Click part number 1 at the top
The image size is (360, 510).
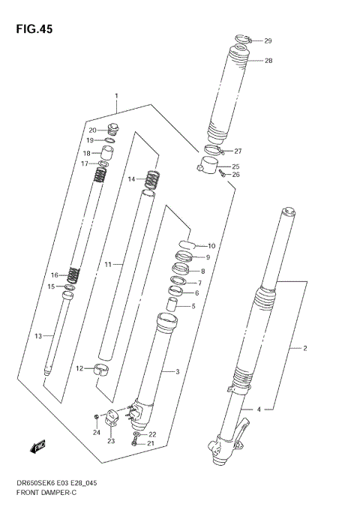tap(116, 96)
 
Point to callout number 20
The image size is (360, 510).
tap(93, 130)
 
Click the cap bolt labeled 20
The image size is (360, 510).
tap(114, 128)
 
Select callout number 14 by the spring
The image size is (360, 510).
tap(130, 179)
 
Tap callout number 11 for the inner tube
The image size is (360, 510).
tap(108, 265)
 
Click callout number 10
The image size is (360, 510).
tap(211, 246)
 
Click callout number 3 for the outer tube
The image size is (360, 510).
tap(177, 372)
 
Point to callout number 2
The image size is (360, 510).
tap(305, 349)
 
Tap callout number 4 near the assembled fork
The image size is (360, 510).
tap(259, 409)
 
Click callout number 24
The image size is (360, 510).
tap(96, 432)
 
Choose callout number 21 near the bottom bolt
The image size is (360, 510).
tap(152, 445)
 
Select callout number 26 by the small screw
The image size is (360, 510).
tap(235, 175)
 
